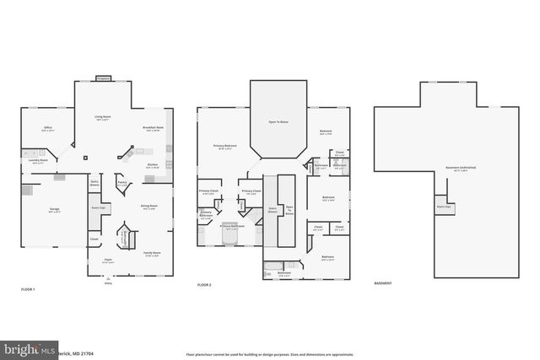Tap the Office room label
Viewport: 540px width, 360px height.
48,129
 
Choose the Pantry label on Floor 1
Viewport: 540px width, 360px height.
121,181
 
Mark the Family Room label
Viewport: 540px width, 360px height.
152,253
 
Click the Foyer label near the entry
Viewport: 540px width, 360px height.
108,260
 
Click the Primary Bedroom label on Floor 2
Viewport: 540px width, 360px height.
224,146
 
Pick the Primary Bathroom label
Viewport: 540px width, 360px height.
232,226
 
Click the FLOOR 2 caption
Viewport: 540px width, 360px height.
205,285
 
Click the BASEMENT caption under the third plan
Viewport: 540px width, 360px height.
383,283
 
